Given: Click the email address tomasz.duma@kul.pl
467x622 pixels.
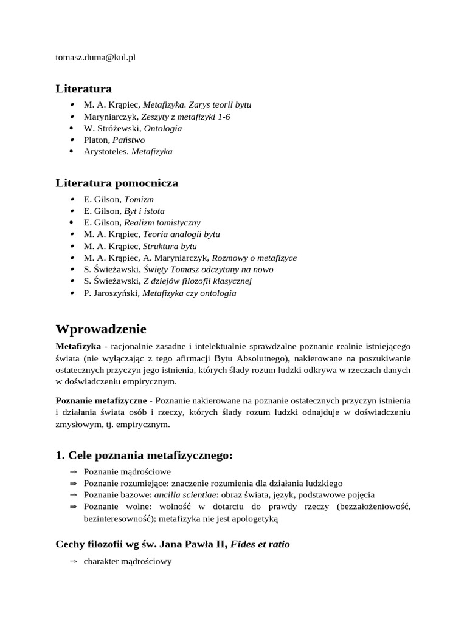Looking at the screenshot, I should (95, 57).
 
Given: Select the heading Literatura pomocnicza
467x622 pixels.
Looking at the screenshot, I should (117, 183).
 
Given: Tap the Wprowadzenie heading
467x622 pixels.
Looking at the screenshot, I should (101, 329).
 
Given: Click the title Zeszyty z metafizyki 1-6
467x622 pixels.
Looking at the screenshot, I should (185, 117).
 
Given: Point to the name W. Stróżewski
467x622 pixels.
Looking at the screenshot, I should (112, 128).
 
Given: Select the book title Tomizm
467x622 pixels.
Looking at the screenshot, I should (139, 199).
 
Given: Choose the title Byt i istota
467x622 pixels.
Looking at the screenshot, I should (144, 211).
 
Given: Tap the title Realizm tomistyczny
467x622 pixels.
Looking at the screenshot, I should (162, 222).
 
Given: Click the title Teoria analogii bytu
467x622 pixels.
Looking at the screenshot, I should (181, 234).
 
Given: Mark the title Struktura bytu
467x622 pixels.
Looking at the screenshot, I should (170, 246).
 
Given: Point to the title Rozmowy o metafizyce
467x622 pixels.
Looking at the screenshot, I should (254, 258).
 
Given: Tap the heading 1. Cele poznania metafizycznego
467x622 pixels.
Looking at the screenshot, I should (144, 456).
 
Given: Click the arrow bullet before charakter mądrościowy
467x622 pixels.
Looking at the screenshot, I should (74, 562).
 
